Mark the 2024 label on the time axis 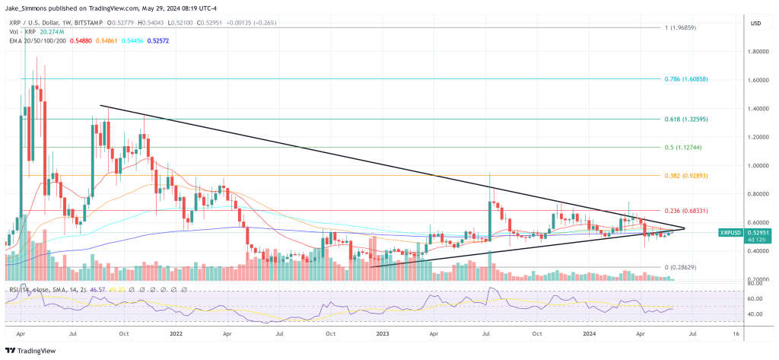588,333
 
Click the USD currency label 755,24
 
